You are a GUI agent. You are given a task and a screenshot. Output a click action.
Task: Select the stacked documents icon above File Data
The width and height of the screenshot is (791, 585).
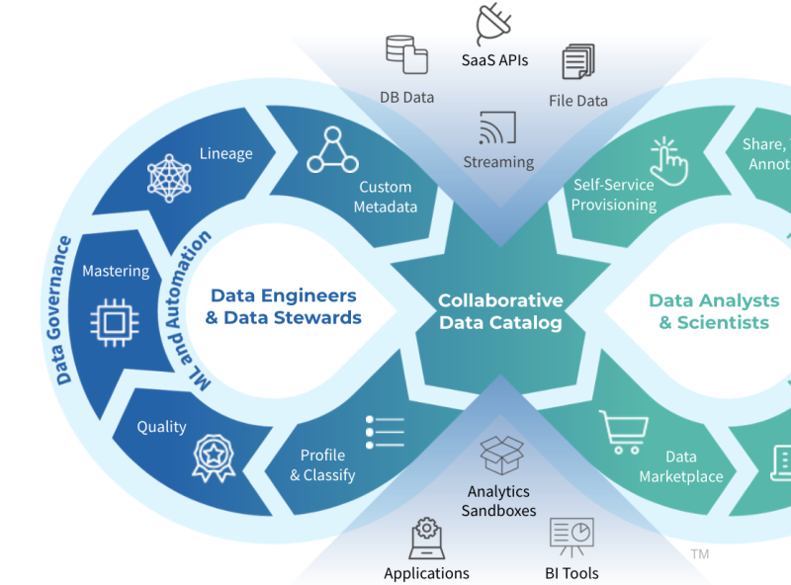click(578, 61)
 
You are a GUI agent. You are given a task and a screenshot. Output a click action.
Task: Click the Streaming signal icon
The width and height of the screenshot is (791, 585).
click(497, 128)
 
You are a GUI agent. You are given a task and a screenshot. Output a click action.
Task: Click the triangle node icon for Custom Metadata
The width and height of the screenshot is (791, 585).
click(330, 150)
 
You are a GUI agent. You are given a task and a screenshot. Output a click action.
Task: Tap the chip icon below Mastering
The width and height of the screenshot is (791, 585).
click(115, 321)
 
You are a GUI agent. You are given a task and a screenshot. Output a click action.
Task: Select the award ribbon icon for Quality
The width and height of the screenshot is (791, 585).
click(213, 459)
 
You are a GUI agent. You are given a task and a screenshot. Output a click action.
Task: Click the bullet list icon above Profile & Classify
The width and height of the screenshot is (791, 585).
click(385, 432)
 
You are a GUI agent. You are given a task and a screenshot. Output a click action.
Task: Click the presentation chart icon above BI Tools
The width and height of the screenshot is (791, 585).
click(571, 538)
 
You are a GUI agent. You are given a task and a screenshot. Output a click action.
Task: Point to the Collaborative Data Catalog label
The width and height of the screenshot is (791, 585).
click(500, 311)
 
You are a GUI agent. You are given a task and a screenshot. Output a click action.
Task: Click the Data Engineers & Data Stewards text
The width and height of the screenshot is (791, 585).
click(283, 306)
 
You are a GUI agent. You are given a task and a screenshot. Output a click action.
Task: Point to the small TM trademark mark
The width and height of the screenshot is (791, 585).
click(700, 554)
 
